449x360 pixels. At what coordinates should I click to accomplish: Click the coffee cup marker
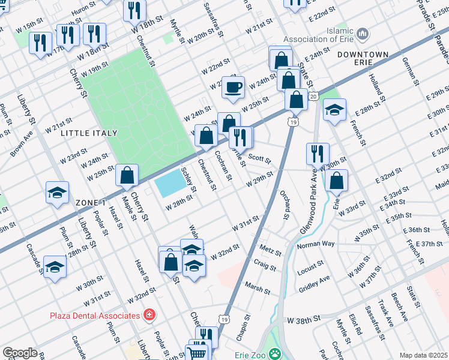(233, 88)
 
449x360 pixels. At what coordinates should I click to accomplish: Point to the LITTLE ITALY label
(88, 133)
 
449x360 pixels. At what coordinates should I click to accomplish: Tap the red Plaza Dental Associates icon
(148, 315)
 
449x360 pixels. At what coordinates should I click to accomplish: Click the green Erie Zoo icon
(274, 353)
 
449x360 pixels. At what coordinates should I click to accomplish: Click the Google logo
(19, 353)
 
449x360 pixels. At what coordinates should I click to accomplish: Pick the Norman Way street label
(315, 245)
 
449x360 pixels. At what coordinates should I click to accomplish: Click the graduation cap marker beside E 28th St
(334, 110)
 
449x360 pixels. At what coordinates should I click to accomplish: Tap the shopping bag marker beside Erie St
(337, 181)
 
